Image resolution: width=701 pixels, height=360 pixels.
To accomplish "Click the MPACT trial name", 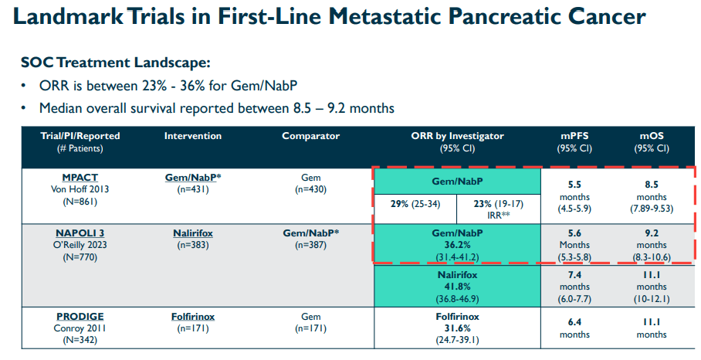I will pyautogui.click(x=80, y=178).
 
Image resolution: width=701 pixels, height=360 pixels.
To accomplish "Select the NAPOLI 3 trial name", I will pyautogui.click(x=80, y=232).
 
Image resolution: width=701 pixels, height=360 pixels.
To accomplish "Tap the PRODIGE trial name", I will pyautogui.click(x=80, y=317).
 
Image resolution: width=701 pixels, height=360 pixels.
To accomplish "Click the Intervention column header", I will pyautogui.click(x=193, y=136).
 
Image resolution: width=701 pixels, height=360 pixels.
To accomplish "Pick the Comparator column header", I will pyautogui.click(x=310, y=136).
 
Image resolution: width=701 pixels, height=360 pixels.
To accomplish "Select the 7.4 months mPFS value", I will pyautogui.click(x=574, y=274).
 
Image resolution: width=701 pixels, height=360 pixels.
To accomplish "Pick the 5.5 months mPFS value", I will pyautogui.click(x=574, y=185).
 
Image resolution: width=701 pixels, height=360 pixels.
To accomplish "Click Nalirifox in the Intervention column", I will pyautogui.click(x=193, y=232).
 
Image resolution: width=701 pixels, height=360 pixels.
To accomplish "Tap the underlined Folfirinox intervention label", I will pyautogui.click(x=193, y=317).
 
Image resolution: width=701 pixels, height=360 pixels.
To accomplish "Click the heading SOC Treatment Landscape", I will pyautogui.click(x=115, y=63).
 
